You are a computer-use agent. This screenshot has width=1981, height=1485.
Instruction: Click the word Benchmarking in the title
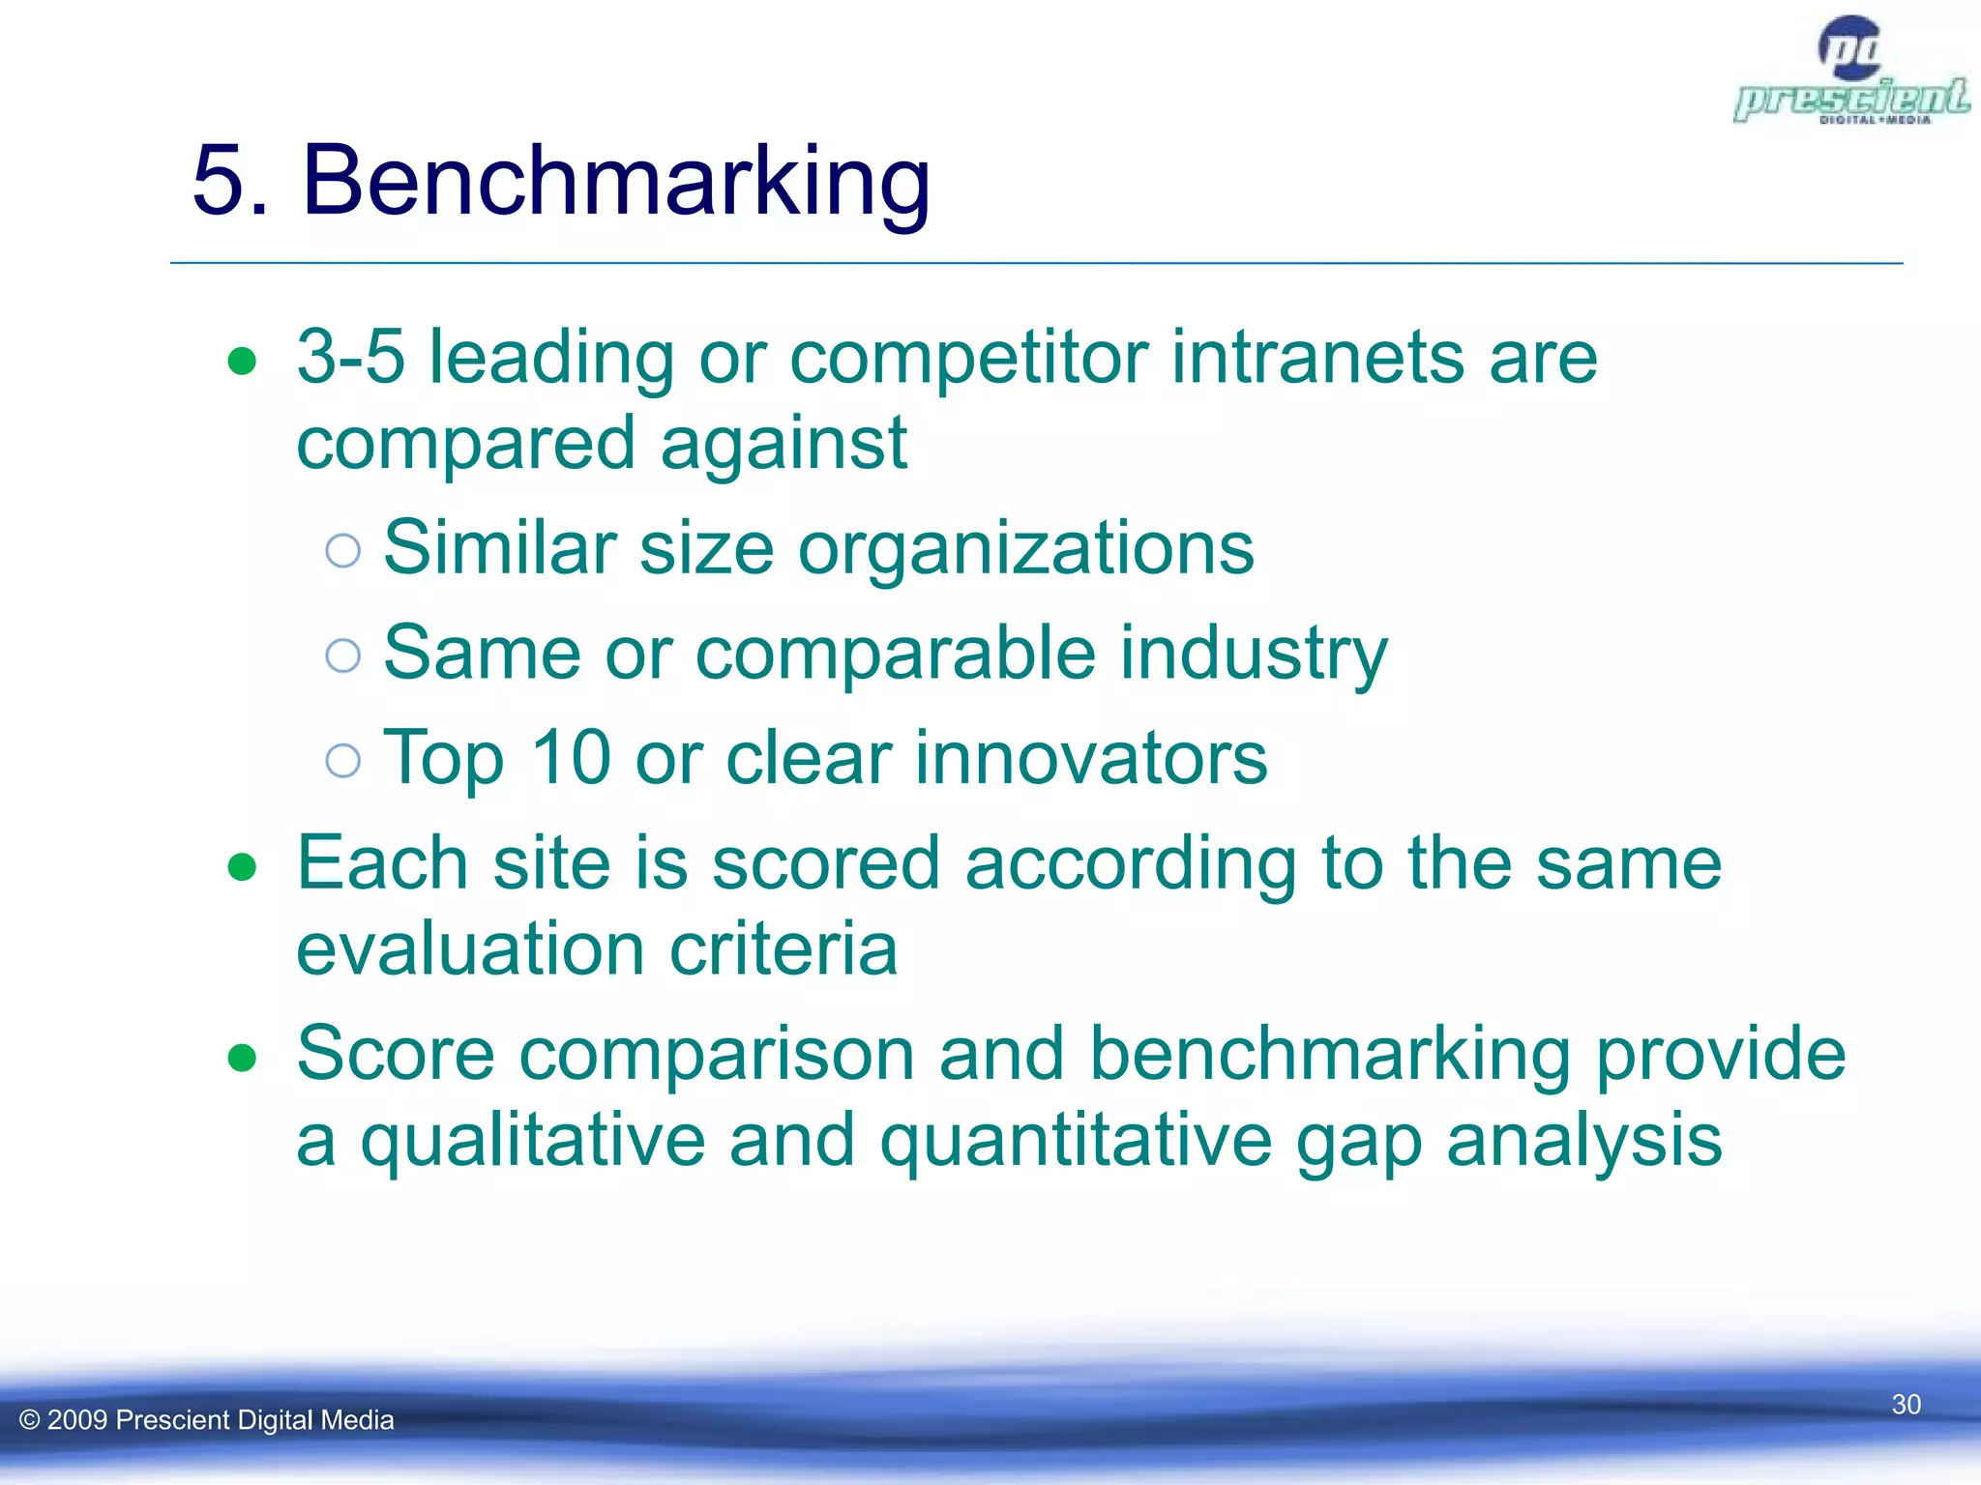pos(615,182)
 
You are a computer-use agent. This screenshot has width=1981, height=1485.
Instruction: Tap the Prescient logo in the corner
pos(1850,73)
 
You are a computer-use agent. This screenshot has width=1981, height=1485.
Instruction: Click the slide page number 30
pos(1906,1404)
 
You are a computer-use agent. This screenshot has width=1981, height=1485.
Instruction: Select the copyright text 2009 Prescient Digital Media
pos(207,1419)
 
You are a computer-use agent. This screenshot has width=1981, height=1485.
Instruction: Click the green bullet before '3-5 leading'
pos(242,363)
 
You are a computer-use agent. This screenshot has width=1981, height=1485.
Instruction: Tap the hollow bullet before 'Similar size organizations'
pos(343,551)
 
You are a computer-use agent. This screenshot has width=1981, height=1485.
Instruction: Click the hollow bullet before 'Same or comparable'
pos(343,655)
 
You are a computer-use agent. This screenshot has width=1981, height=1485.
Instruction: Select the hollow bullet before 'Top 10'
pos(343,761)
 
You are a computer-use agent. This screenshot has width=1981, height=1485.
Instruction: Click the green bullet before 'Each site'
pos(242,867)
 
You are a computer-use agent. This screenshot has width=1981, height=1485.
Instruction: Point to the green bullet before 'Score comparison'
pos(242,1058)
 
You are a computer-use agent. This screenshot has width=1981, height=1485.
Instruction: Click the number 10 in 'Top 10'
pos(571,759)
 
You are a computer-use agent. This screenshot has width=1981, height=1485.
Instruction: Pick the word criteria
pos(784,949)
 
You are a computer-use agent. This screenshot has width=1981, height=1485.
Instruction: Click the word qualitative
pos(532,1141)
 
